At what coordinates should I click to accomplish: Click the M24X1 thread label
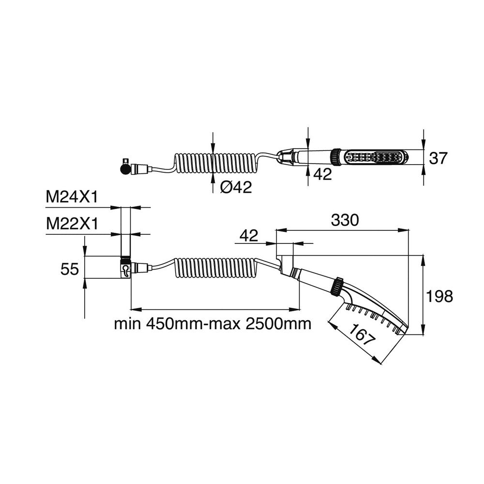click(x=72, y=197)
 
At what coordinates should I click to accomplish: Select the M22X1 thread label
click(x=72, y=224)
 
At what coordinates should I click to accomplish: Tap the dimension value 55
click(x=70, y=269)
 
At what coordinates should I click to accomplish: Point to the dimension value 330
click(x=344, y=220)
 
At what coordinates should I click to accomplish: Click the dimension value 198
click(x=439, y=296)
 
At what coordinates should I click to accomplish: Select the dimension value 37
click(x=438, y=158)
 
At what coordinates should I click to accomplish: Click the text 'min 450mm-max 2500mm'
click(x=212, y=323)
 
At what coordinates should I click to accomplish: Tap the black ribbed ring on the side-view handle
click(x=335, y=286)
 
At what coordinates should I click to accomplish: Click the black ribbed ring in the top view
click(x=334, y=157)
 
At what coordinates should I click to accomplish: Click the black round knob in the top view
click(x=123, y=169)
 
